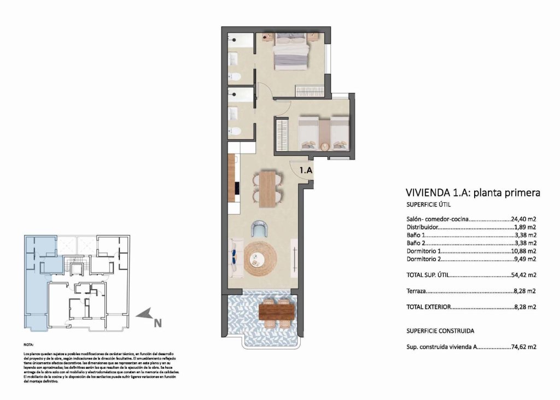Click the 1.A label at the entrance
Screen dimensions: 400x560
click(305, 170)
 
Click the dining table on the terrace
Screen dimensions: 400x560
click(276, 312)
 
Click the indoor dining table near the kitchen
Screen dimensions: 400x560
click(267, 189)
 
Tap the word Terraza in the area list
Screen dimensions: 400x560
click(416, 291)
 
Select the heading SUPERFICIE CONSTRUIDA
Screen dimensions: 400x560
click(440, 331)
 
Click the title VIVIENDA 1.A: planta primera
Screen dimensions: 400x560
click(472, 193)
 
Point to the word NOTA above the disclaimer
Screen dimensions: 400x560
click(28, 345)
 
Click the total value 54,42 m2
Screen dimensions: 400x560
click(523, 275)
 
